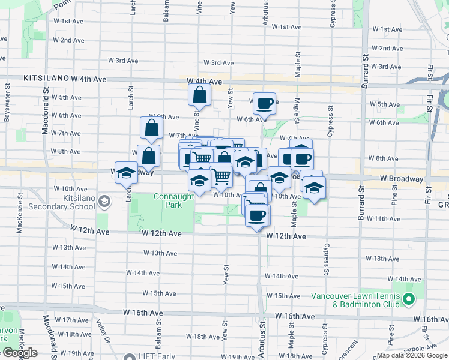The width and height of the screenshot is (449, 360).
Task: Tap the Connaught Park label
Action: (x=174, y=200)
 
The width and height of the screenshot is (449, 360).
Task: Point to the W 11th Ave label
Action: (x=383, y=219)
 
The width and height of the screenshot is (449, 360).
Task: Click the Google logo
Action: (x=19, y=353)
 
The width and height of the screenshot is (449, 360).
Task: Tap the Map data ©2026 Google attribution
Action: (x=412, y=355)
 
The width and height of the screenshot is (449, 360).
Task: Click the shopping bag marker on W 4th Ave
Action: (x=199, y=95)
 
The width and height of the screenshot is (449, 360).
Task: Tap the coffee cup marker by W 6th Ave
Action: (x=264, y=103)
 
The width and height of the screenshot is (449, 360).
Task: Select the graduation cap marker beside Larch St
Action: (x=127, y=173)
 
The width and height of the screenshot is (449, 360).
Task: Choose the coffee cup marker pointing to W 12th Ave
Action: (x=258, y=215)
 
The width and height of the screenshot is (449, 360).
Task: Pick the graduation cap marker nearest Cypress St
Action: (x=314, y=187)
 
